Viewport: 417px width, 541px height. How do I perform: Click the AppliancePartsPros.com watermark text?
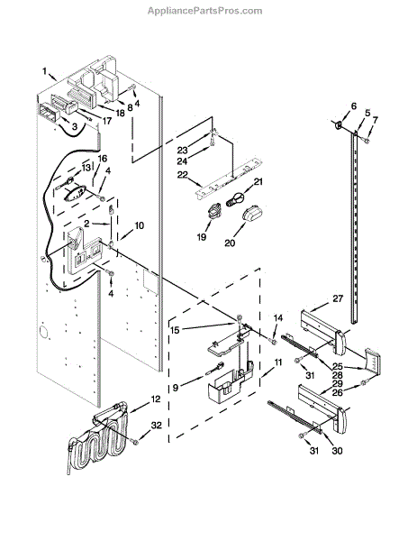coord(204,11)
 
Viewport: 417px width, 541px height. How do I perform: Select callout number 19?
coord(202,237)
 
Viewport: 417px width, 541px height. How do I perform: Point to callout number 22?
coord(182,175)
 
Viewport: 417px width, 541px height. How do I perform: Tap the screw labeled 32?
coord(134,441)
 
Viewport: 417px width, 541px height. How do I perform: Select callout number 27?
coord(338,298)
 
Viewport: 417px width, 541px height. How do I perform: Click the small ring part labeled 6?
coord(339,124)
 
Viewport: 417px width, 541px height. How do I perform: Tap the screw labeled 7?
coord(367,140)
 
